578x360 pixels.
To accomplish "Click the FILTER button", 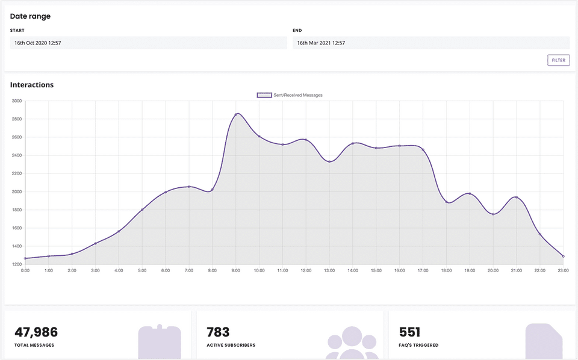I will pyautogui.click(x=558, y=60).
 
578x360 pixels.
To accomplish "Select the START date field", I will pyautogui.click(x=148, y=43).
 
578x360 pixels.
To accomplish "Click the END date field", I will pyautogui.click(x=430, y=43).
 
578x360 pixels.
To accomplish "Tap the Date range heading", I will pyautogui.click(x=30, y=16).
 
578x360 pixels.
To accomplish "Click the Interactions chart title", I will pyautogui.click(x=32, y=85).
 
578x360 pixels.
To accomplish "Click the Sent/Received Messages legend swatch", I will pyautogui.click(x=264, y=95).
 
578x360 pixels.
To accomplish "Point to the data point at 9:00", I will pyautogui.click(x=236, y=114).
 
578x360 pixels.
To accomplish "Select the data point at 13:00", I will pyautogui.click(x=329, y=161).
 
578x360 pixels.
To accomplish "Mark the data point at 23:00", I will pyautogui.click(x=563, y=256).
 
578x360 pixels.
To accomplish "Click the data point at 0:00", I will pyautogui.click(x=25, y=258).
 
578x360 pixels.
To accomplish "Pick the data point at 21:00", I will pyautogui.click(x=516, y=197).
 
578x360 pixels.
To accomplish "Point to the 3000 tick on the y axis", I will pyautogui.click(x=16, y=101).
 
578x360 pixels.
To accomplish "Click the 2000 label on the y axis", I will pyautogui.click(x=16, y=192).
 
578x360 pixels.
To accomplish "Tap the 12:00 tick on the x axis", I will pyautogui.click(x=306, y=271).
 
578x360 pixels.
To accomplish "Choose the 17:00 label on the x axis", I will pyautogui.click(x=423, y=271).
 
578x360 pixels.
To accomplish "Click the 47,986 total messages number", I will pyautogui.click(x=36, y=332).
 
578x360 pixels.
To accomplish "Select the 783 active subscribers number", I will pyautogui.click(x=218, y=332).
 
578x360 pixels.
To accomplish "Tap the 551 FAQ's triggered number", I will pyautogui.click(x=410, y=332).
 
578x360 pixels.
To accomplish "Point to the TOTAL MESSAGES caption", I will pyautogui.click(x=34, y=346).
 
